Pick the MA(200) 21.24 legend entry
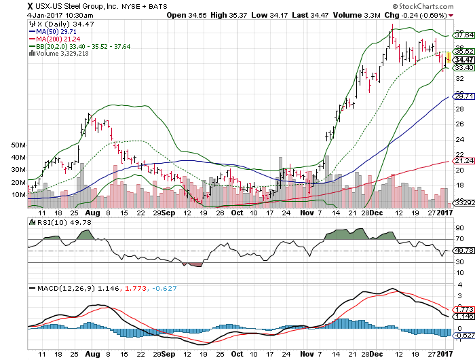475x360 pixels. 58,39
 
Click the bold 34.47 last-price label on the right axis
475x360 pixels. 463,60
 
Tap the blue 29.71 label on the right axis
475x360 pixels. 463,96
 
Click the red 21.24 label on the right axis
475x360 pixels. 463,161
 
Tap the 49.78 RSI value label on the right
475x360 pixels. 463,251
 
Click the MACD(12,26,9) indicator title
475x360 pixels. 64,288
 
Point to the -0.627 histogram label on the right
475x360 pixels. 463,336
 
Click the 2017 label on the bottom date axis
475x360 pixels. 444,354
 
